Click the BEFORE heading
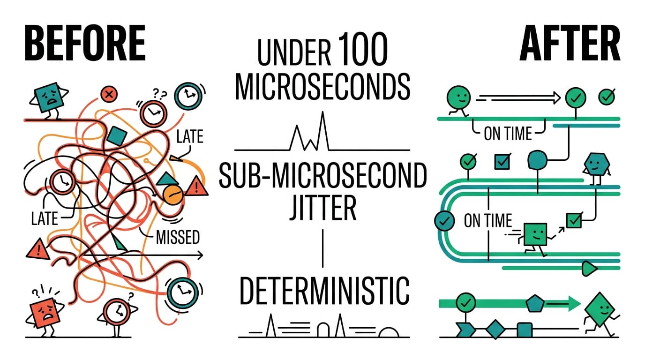tap(85, 43)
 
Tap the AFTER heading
tap(570, 43)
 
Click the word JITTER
tap(323, 208)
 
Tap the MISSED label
tap(178, 237)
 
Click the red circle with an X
tap(109, 94)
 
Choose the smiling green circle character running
tap(458, 100)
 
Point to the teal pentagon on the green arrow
tap(535, 303)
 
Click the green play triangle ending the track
tap(589, 269)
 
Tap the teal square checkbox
tap(502, 162)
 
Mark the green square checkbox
tap(574, 220)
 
